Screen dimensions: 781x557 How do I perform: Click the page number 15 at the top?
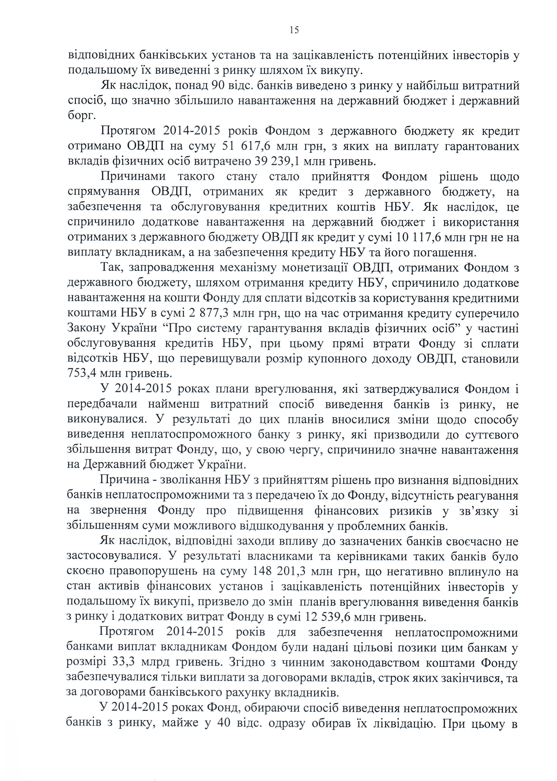(x=294, y=30)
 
